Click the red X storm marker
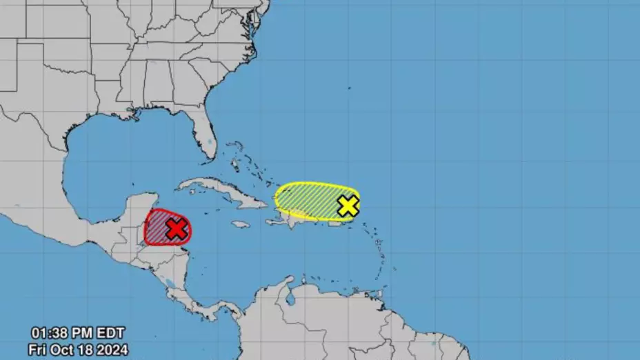click(177, 229)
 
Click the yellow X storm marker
click(348, 206)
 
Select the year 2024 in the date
click(109, 349)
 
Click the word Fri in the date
click(38, 349)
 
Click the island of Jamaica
click(240, 224)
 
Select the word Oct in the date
click(68, 349)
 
